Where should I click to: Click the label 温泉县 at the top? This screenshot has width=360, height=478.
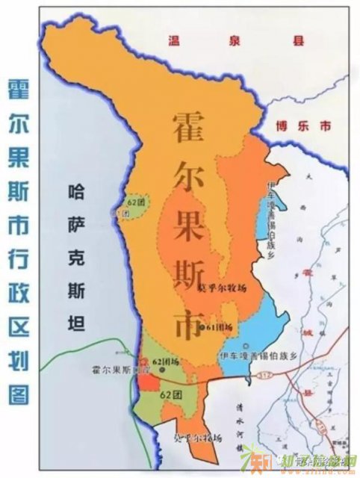coord(236,42)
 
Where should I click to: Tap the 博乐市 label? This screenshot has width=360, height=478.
coord(302,126)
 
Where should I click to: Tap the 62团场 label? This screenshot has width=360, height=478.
coord(167,362)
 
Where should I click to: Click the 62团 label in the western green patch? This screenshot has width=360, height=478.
coord(135,202)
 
